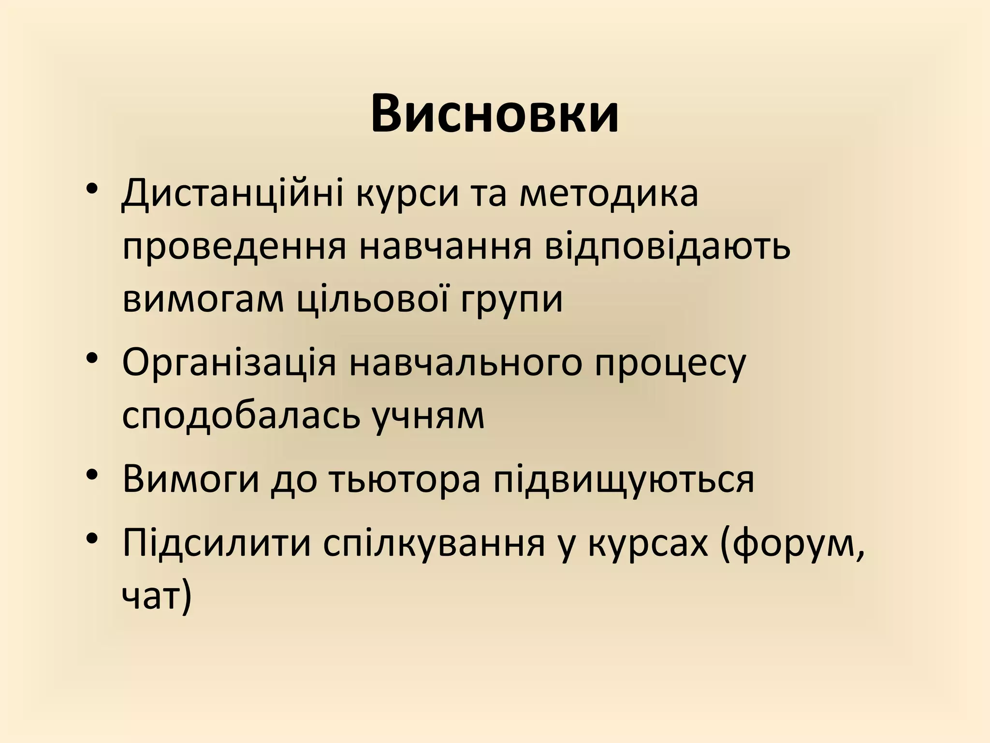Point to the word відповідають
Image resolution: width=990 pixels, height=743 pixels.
pyautogui.click(x=668, y=248)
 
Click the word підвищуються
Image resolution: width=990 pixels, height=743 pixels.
pyautogui.click(x=624, y=481)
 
